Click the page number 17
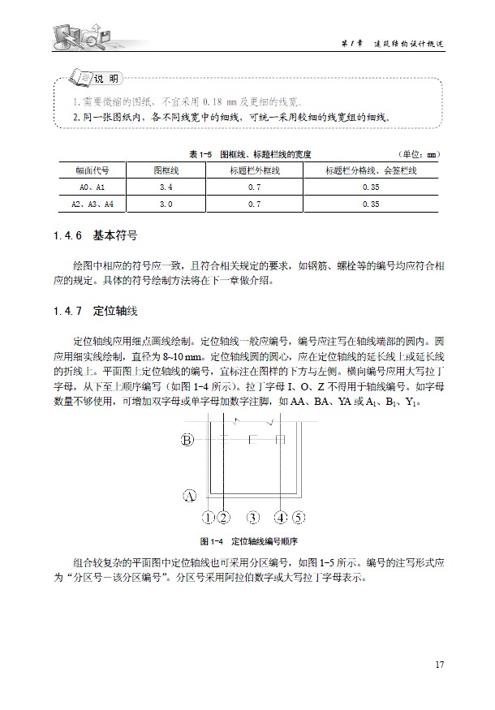(x=439, y=665)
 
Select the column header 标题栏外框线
(x=255, y=171)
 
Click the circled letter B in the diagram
(x=188, y=441)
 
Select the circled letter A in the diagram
(x=188, y=495)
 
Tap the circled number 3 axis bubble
(x=253, y=516)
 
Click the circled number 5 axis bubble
(x=298, y=516)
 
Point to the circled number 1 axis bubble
(x=209, y=516)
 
